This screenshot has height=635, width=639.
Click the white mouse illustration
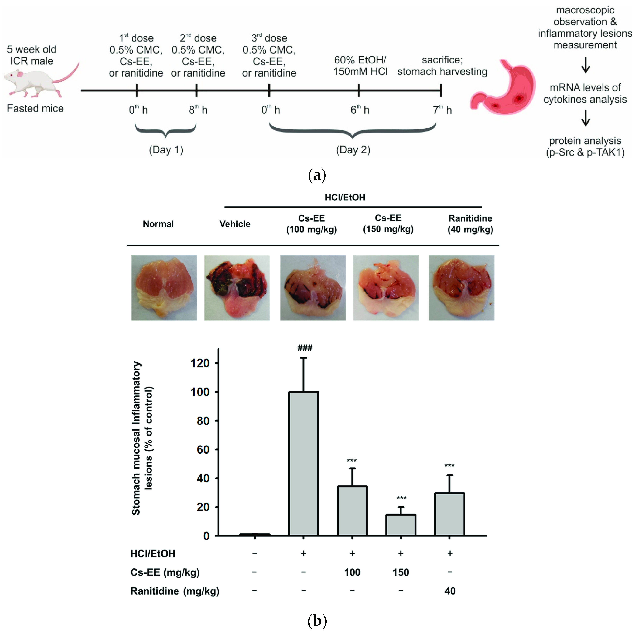click(36, 81)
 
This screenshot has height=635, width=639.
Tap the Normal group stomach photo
click(164, 287)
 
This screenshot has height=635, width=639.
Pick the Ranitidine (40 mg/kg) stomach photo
click(461, 287)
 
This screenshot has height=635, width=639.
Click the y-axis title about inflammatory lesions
click(142, 438)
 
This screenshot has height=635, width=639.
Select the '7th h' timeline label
click(442, 110)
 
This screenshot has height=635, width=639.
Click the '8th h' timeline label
click(198, 110)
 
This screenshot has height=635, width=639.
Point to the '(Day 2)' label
click(353, 150)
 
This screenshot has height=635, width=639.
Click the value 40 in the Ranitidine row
click(450, 591)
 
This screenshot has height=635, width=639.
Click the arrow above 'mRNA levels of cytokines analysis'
click(585, 65)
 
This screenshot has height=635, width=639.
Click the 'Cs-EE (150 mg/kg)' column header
click(388, 223)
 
